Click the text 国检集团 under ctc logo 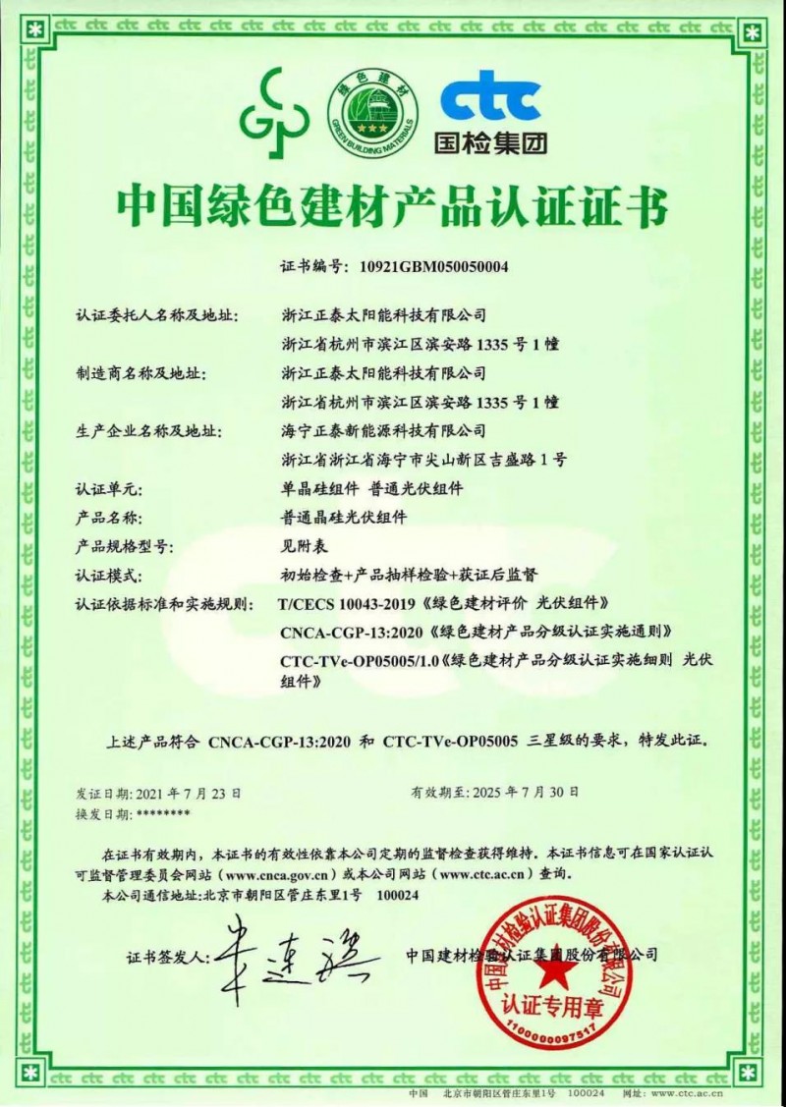[490, 143]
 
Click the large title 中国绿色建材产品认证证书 [392, 206]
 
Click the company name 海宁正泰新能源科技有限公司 [383, 430]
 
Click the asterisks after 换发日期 [164, 813]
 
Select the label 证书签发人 [168, 955]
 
